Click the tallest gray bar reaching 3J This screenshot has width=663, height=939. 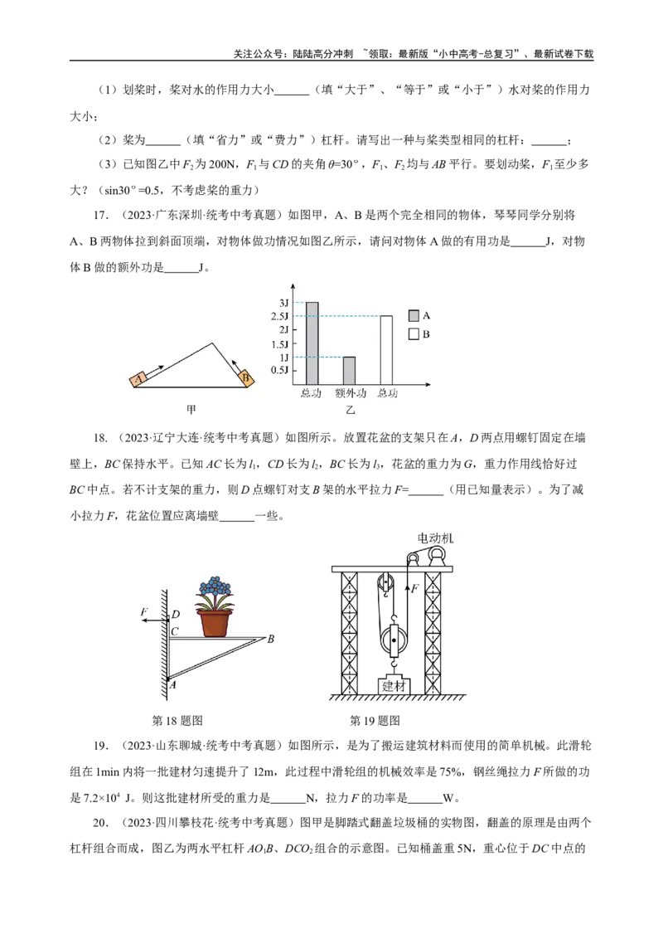312,343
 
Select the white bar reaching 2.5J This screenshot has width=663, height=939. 386,350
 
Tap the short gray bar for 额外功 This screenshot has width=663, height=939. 349,371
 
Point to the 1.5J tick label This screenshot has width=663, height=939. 279,344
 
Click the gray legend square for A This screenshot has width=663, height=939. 414,315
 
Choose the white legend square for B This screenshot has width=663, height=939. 414,333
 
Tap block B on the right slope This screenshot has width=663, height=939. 244,378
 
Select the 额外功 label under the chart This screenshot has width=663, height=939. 350,393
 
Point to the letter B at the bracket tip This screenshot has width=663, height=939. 270,639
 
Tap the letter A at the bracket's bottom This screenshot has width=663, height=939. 172,684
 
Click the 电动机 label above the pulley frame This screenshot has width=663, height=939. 435,538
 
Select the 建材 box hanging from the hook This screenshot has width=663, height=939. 394,686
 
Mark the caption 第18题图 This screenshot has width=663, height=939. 177,720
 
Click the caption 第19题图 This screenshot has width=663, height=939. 375,720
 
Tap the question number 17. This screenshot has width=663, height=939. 101,216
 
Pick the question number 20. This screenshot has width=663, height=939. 100,823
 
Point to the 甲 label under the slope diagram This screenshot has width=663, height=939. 191,410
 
